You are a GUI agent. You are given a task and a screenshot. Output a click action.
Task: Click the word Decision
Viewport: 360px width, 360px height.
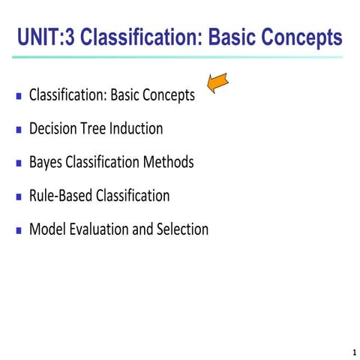point(53,129)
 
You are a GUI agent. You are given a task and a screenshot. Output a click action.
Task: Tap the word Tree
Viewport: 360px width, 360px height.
point(95,129)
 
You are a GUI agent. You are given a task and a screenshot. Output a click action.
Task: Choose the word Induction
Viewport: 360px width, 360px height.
point(137,129)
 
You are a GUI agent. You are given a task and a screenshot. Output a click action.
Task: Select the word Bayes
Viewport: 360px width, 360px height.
point(46,162)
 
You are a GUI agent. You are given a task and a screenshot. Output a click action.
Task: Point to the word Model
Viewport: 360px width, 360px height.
point(46,229)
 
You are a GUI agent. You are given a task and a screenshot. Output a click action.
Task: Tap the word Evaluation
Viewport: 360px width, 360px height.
point(97,229)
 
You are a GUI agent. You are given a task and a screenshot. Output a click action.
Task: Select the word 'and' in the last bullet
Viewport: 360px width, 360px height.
point(142,229)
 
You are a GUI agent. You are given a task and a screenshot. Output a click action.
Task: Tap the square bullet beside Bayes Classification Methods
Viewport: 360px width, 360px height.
point(19,163)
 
